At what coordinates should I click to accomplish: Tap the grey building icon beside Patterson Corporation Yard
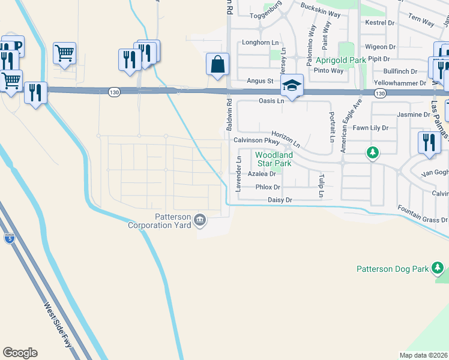click(200, 221)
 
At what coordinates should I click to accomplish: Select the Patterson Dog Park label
click(393, 269)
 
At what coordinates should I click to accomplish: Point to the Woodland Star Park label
click(274, 159)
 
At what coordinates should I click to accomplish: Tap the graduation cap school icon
click(292, 85)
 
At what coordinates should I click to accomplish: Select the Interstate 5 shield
click(8, 238)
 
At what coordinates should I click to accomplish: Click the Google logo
click(20, 353)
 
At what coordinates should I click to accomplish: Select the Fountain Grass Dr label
click(423, 214)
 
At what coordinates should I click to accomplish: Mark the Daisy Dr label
click(280, 200)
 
